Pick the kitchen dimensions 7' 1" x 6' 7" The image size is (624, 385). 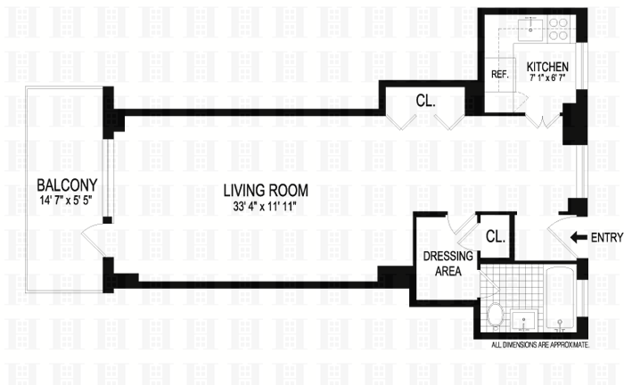click(x=546, y=79)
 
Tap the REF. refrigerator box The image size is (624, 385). click(x=500, y=76)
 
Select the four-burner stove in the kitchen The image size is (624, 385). click(x=559, y=29)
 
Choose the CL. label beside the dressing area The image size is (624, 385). click(x=495, y=237)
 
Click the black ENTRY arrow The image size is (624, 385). click(x=578, y=237)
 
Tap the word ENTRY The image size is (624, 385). click(x=606, y=237)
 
